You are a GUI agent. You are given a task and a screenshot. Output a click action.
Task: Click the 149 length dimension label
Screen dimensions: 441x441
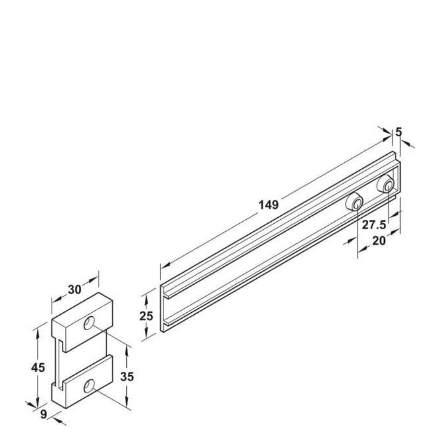pos(269,205)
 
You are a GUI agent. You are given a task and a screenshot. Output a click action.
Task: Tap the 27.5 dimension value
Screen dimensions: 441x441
pos(374,225)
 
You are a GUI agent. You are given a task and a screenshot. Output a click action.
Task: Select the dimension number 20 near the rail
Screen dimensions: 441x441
pos(379,241)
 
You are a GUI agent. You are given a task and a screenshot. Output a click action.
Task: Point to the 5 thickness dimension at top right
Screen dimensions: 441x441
pos(399,132)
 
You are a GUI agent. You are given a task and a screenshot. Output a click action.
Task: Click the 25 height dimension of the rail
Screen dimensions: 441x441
pos(146,316)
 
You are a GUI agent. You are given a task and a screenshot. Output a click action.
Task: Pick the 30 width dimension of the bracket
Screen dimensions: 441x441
pos(75,290)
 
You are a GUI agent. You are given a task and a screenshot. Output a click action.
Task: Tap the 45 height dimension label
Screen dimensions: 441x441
pos(38,367)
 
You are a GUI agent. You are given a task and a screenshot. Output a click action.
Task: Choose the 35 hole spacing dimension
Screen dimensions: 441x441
pos(127,377)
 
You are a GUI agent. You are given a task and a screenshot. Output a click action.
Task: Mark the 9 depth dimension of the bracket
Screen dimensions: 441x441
pos(44,414)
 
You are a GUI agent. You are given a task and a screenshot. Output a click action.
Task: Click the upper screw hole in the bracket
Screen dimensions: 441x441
pos(89,323)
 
